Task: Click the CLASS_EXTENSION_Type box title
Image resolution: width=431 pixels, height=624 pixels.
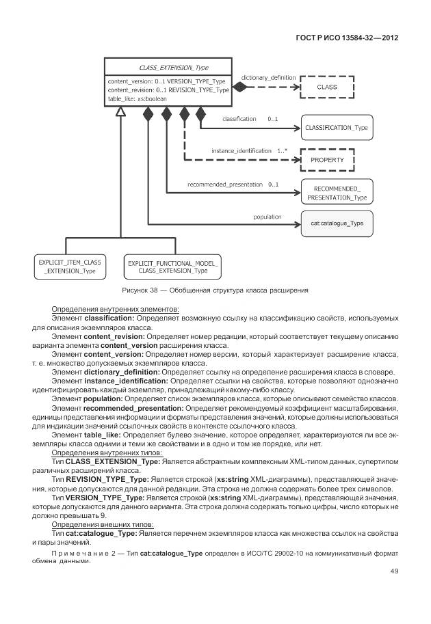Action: click(x=173, y=68)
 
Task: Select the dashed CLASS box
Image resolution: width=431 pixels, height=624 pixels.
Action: click(x=326, y=87)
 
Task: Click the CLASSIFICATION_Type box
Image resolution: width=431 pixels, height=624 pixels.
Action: click(x=336, y=128)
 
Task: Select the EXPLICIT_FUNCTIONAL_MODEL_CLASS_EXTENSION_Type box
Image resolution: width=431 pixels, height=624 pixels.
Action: click(x=172, y=267)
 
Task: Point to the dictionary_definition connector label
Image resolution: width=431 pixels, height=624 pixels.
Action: click(x=268, y=78)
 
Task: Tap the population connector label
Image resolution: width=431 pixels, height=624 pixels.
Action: click(x=267, y=217)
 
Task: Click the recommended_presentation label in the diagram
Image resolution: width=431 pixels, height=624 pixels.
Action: click(x=224, y=185)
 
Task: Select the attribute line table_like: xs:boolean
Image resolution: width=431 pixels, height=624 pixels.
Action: click(x=137, y=98)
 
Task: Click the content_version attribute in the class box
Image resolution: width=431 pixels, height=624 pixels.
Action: click(x=130, y=81)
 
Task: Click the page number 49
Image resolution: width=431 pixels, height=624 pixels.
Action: click(x=394, y=571)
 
